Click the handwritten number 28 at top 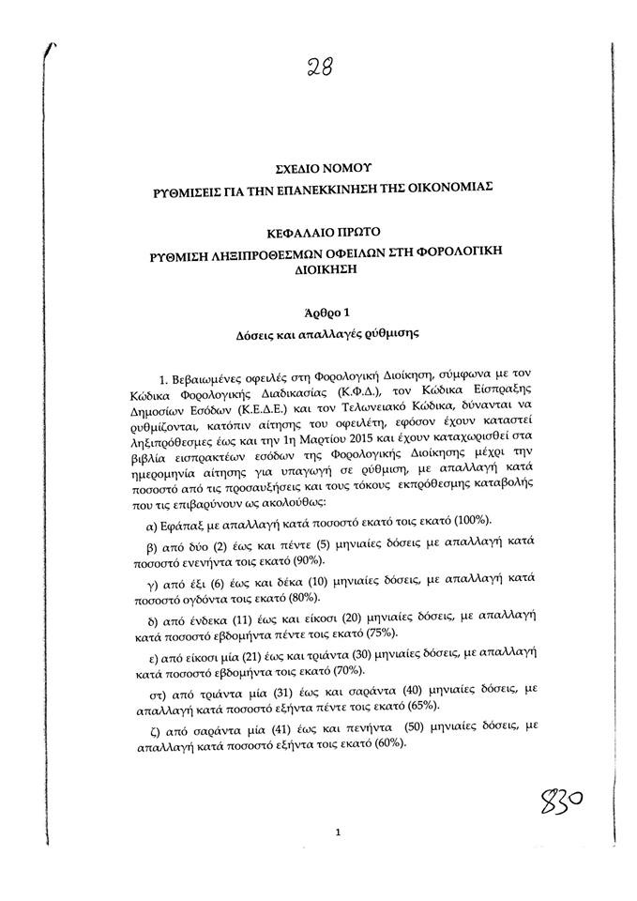pos(318,67)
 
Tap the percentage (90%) pos(310,560)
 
